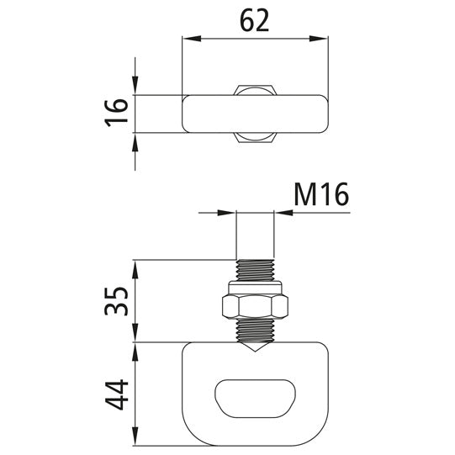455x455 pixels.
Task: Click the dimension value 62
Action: pos(255,19)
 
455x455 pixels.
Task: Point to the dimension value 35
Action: pos(119,301)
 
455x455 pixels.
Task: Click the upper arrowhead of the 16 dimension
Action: pos(135,88)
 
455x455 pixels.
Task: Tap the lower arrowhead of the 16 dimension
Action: pos(135,140)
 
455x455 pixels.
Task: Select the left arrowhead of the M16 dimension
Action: pos(229,214)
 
